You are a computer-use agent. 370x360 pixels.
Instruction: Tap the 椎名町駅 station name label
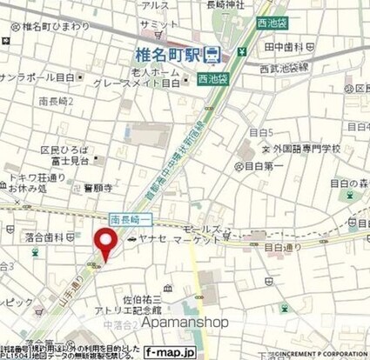tap(172, 55)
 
